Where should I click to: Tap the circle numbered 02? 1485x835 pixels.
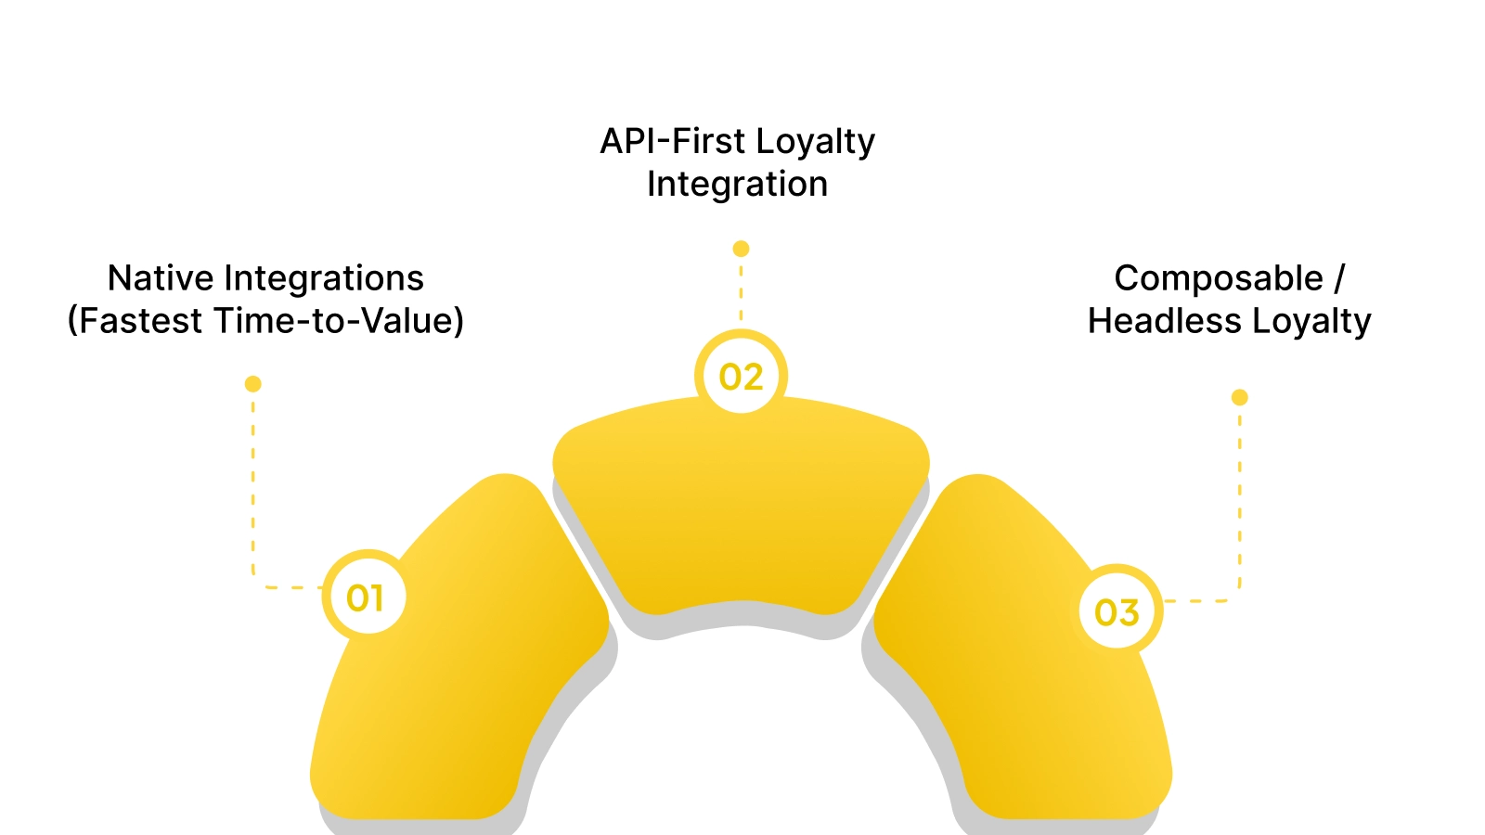741,377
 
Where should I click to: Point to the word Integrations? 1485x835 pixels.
324,278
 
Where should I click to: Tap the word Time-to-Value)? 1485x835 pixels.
339,321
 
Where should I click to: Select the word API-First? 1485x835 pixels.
672,142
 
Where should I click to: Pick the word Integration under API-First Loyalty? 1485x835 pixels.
737,184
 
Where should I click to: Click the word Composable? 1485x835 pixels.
1219,278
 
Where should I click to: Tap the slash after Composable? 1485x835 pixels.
1339,278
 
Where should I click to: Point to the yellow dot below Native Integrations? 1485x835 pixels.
252,384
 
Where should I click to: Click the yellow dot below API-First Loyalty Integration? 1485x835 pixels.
741,249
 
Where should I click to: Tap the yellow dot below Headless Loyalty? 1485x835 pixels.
1239,397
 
